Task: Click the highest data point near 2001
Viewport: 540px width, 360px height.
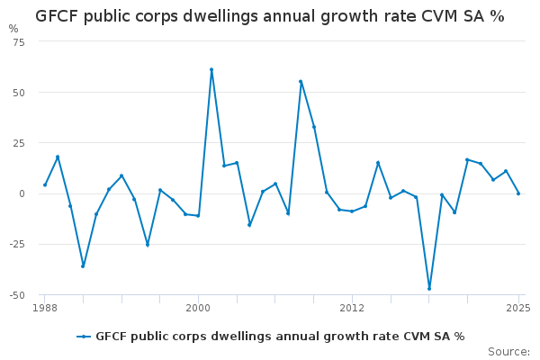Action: (211, 69)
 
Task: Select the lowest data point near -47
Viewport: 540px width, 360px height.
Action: (429, 289)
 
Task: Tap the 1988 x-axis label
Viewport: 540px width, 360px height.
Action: (44, 309)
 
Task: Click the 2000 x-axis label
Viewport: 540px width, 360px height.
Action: (198, 309)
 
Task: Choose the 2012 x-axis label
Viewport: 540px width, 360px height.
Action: (352, 309)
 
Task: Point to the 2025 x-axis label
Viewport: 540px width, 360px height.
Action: (517, 309)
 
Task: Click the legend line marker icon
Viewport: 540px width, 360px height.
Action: (84, 337)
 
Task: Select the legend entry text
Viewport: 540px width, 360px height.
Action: (280, 337)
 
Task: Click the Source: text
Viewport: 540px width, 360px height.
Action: (508, 351)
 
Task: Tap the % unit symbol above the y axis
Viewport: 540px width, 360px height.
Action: (13, 29)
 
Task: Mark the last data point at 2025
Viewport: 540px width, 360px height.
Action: (518, 193)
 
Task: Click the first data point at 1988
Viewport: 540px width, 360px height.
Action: (45, 185)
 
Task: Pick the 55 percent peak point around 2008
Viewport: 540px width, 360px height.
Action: (301, 82)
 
